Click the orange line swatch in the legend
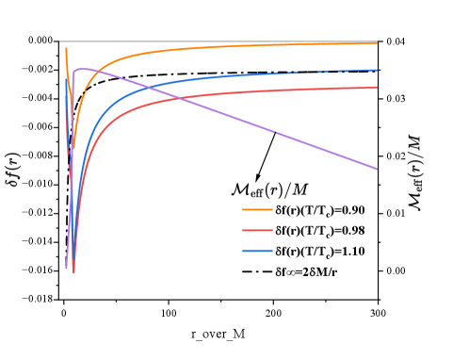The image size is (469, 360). (x=257, y=209)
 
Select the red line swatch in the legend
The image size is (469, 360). (x=257, y=230)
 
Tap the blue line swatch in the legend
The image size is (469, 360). (x=257, y=251)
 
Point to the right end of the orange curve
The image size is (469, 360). (x=377, y=43)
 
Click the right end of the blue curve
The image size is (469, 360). (x=377, y=70)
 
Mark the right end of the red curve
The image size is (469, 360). (x=377, y=88)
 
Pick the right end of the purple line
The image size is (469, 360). (x=377, y=169)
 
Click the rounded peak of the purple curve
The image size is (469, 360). (x=81, y=69)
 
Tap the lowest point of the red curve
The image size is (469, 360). (x=73, y=271)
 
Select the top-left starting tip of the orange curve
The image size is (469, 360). (x=66, y=48)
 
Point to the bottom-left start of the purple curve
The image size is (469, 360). (x=66, y=268)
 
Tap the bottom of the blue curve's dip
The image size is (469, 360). (x=71, y=231)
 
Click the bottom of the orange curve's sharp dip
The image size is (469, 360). (x=70, y=168)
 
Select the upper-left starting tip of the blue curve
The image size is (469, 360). (x=66, y=80)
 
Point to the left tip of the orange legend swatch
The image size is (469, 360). (x=243, y=209)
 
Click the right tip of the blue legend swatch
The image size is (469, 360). (x=272, y=251)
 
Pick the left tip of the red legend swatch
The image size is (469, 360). (x=243, y=230)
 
